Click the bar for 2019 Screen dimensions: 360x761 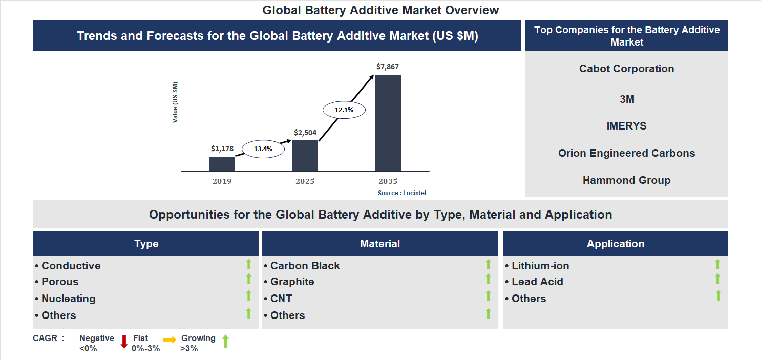[222, 164]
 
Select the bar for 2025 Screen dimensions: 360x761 [305, 156]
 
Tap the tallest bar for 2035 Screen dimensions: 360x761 [388, 123]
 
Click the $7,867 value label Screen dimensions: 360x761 [387, 67]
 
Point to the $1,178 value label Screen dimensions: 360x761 [222, 149]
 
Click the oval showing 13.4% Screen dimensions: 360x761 [263, 149]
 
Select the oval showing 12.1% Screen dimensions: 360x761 [344, 110]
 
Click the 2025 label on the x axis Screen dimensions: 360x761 [305, 181]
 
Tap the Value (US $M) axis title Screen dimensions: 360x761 [175, 102]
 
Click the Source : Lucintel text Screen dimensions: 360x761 [402, 193]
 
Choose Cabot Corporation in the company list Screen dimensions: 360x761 [626, 69]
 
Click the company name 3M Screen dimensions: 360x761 [627, 99]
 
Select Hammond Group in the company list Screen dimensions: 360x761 [626, 180]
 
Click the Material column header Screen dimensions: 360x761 [379, 244]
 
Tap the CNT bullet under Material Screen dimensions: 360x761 [281, 299]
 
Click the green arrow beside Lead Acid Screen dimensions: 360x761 [717, 279]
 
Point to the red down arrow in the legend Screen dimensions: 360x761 [123, 342]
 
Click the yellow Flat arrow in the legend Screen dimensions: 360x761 [170, 340]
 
